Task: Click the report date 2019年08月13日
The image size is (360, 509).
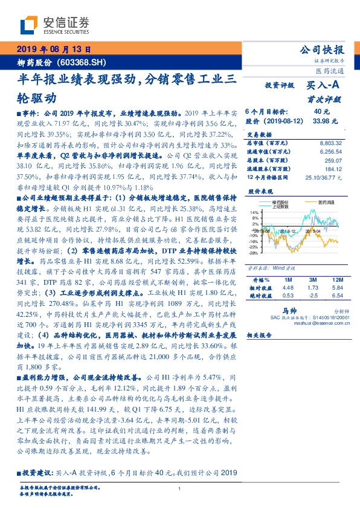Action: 53,50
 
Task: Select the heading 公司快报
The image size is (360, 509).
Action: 324,50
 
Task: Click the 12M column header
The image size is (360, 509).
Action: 337,280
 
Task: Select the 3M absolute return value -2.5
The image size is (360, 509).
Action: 312,296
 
